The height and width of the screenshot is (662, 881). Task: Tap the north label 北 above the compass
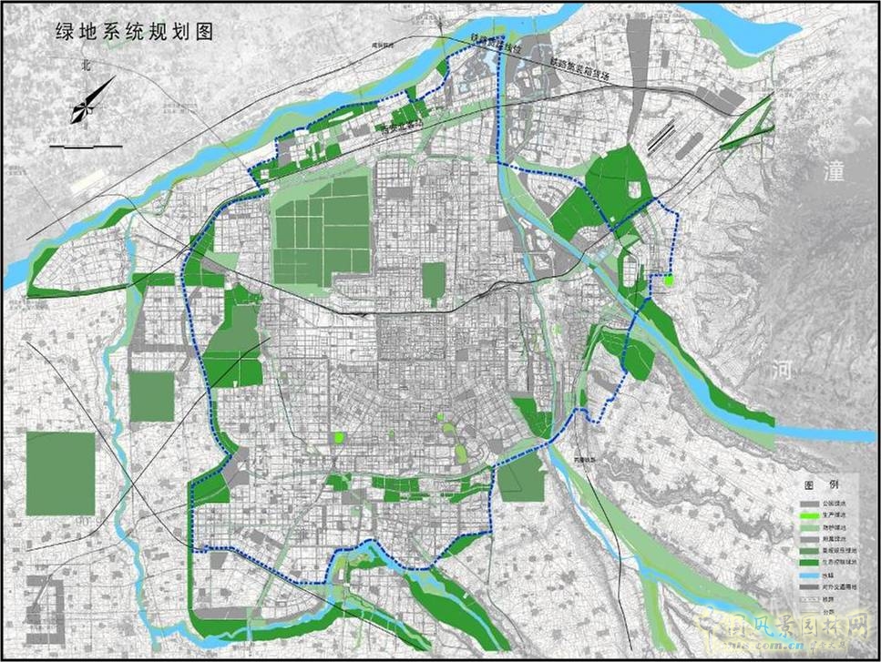[87, 66]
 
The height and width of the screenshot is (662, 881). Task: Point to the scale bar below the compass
[86, 146]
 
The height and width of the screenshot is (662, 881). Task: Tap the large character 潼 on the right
[835, 170]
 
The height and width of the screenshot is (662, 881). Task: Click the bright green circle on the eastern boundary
[669, 281]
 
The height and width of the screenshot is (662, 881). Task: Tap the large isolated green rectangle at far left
[60, 473]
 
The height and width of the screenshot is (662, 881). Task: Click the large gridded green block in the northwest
[322, 228]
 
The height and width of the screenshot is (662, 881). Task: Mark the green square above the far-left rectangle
[151, 396]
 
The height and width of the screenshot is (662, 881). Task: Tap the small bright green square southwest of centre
[339, 438]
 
